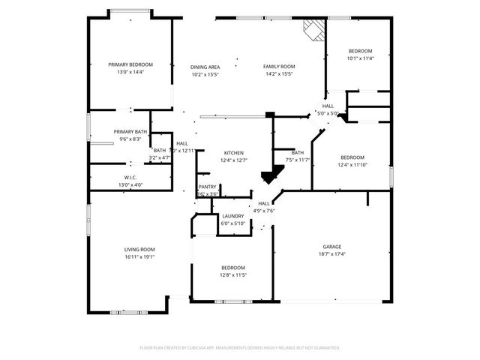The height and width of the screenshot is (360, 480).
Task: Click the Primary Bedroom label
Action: (130, 65)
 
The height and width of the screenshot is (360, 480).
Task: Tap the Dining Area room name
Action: (205, 67)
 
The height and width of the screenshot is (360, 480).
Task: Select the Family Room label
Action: (278, 67)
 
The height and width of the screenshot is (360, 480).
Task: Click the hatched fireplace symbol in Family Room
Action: (314, 29)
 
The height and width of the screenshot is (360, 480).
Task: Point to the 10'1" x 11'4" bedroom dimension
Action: (359, 58)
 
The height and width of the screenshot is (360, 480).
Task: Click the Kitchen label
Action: (234, 152)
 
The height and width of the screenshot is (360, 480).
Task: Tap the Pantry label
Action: (208, 187)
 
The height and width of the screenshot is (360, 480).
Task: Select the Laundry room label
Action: (233, 216)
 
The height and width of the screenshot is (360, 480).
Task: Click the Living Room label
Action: (139, 249)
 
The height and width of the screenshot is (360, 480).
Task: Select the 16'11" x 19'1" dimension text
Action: (139, 256)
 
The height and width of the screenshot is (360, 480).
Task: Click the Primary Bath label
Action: (130, 132)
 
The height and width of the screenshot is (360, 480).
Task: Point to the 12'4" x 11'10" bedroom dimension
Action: (352, 164)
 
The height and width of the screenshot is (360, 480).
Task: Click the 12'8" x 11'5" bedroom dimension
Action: (233, 275)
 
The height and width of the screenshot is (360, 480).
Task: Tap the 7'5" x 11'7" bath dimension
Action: (298, 160)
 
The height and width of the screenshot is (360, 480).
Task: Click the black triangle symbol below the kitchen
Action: (268, 177)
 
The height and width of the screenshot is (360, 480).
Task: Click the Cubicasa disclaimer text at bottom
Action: (240, 348)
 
